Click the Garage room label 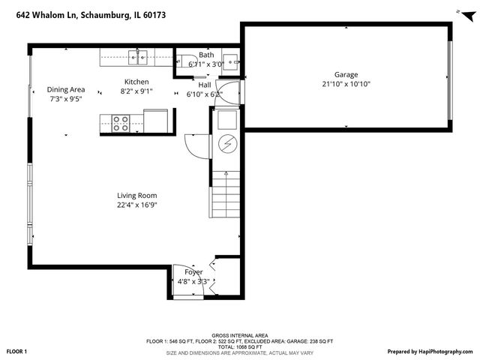pyautogui.click(x=346, y=75)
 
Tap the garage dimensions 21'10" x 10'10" pyautogui.click(x=346, y=84)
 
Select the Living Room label pyautogui.click(x=136, y=195)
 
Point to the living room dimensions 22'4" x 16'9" pyautogui.click(x=136, y=204)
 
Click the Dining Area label pyautogui.click(x=66, y=89)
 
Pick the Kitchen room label pyautogui.click(x=136, y=82)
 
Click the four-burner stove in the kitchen pyautogui.click(x=121, y=123)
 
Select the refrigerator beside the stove pyautogui.click(x=156, y=120)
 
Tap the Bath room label pyautogui.click(x=206, y=55)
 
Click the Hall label pyautogui.click(x=204, y=85)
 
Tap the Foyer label pyautogui.click(x=193, y=271)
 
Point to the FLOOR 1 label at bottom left pyautogui.click(x=16, y=351)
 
